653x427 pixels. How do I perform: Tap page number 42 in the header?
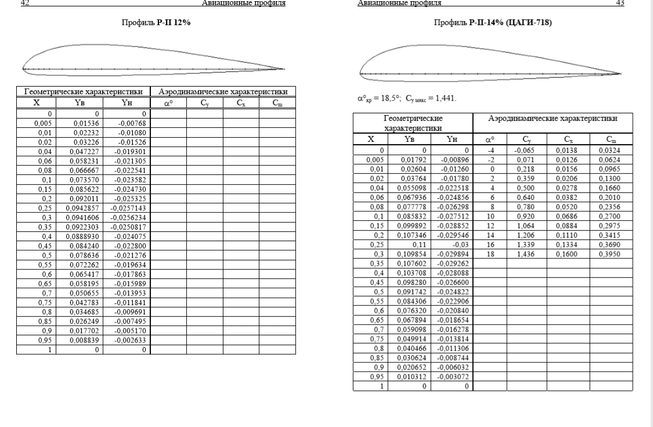[24, 3]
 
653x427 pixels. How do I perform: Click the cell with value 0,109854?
[413, 254]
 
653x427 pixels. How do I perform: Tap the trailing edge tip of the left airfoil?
[284, 70]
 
